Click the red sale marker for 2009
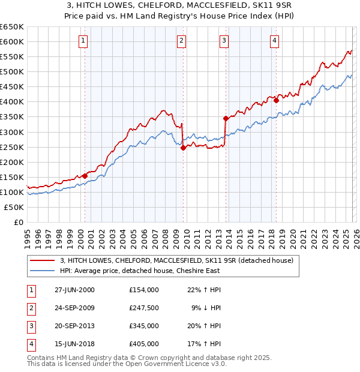(183, 148)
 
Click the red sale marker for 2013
(226, 118)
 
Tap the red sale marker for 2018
(276, 100)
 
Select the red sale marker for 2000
(85, 176)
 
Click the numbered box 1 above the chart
(82, 41)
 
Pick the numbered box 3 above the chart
(224, 41)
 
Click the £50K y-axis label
(14, 207)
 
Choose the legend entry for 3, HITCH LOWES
(176, 260)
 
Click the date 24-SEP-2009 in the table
(74, 308)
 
